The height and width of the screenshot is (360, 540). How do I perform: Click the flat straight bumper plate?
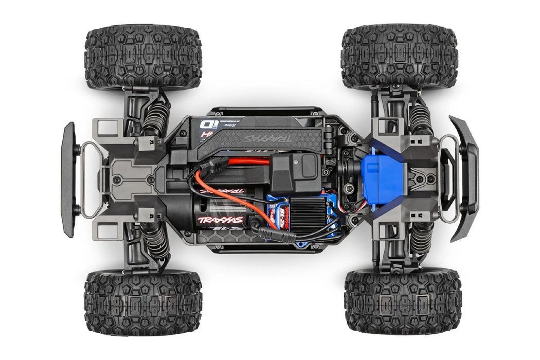coord(68,179)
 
